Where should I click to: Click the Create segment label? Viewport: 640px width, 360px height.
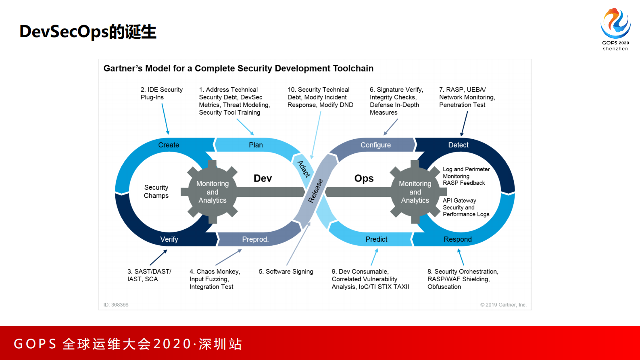(x=169, y=145)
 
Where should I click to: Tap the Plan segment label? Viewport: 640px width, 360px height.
(x=256, y=145)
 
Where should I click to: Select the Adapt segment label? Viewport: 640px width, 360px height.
(x=304, y=169)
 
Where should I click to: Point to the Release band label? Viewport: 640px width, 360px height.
(x=315, y=190)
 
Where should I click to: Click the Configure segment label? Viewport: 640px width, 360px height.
(x=375, y=145)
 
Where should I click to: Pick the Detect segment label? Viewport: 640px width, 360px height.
(x=458, y=145)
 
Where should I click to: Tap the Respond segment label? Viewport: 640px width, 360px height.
(x=457, y=239)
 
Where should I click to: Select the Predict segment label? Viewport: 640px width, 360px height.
(x=376, y=239)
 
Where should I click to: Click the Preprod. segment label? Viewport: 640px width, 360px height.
(x=255, y=239)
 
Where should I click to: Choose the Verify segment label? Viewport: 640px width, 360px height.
(x=169, y=239)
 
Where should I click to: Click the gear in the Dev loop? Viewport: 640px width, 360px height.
(x=212, y=192)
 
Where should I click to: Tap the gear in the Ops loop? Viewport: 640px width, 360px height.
(x=415, y=192)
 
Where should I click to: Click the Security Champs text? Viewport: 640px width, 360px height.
(x=156, y=191)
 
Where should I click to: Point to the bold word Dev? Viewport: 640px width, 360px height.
(x=263, y=178)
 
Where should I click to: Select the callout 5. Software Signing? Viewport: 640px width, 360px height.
(x=286, y=272)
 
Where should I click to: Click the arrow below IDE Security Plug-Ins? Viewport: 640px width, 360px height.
(x=165, y=119)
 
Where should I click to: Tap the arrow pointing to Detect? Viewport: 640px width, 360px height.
(x=464, y=123)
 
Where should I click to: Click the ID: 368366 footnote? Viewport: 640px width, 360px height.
(x=116, y=305)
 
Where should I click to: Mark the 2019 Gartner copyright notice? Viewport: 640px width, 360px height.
(x=503, y=305)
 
